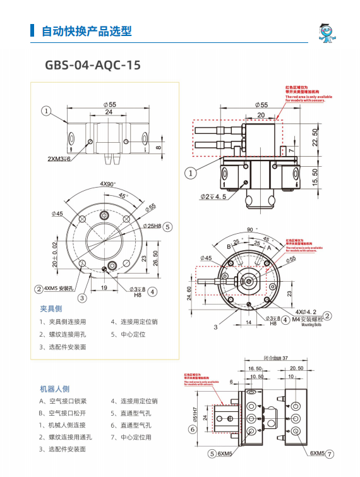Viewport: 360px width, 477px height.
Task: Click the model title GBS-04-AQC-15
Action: [x=93, y=65]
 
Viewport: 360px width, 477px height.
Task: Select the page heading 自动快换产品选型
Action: [x=87, y=31]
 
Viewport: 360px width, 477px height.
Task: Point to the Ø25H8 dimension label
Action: [x=152, y=226]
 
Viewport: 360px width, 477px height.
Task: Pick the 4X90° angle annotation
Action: [x=108, y=183]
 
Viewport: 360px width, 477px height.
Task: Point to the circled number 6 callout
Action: [x=193, y=429]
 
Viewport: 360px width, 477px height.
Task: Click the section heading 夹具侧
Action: [x=51, y=309]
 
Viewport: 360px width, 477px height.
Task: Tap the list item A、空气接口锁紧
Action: [x=63, y=401]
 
